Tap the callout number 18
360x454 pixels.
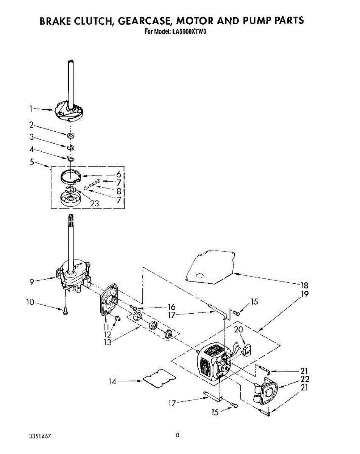pyautogui.click(x=304, y=285)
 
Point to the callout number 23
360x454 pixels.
pyautogui.click(x=94, y=203)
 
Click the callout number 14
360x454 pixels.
pyautogui.click(x=112, y=382)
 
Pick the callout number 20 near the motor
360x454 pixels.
pyautogui.click(x=238, y=330)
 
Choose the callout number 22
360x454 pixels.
pyautogui.click(x=305, y=379)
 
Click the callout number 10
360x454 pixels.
pyautogui.click(x=30, y=302)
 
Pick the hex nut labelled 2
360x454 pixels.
pyautogui.click(x=70, y=135)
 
